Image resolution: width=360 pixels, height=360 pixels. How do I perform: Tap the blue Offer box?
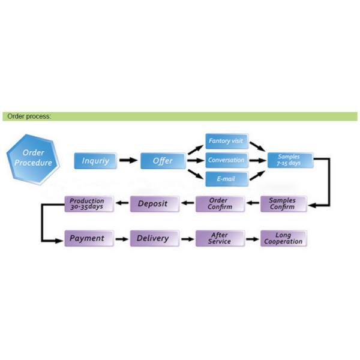163,161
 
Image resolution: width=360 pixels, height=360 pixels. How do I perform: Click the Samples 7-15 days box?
289,160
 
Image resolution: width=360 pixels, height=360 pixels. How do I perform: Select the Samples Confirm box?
283,204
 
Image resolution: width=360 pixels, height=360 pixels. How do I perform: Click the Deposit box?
153,204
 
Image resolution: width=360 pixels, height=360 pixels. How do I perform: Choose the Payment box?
87,238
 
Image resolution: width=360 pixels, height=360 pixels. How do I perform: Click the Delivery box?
153,238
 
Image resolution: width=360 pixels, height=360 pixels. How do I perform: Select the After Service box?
219,238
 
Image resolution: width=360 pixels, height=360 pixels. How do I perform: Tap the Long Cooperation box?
283,238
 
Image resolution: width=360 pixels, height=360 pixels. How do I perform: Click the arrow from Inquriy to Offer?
128,161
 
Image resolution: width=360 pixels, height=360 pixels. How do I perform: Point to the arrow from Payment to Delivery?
121,239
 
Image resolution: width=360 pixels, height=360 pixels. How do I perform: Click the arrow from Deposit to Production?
121,204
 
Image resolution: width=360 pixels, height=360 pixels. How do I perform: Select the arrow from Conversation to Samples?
257,160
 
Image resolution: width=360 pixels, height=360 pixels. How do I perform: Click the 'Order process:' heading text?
29,116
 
